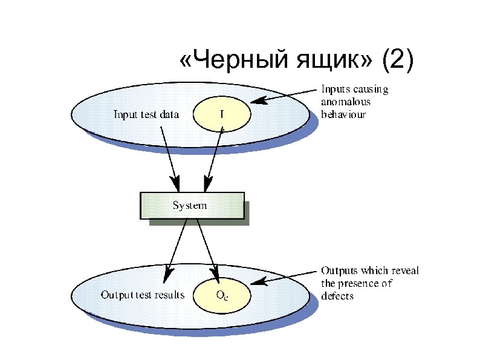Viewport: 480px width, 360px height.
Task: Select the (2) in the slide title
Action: pyautogui.click(x=396, y=61)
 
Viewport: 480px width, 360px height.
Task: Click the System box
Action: pyautogui.click(x=192, y=206)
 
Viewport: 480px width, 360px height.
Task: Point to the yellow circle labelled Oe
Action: pyautogui.click(x=221, y=295)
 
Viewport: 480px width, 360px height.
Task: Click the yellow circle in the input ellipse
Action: pyautogui.click(x=221, y=113)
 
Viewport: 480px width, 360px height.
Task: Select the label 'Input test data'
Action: pyautogui.click(x=146, y=114)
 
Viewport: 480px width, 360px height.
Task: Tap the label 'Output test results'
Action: pyautogui.click(x=142, y=295)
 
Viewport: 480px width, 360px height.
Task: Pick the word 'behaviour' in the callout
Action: pyautogui.click(x=343, y=113)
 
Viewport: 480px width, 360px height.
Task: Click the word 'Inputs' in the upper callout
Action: pyautogui.click(x=334, y=90)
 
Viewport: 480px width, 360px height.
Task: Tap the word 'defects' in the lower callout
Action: pyautogui.click(x=337, y=296)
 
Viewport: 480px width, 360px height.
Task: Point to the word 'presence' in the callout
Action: pyautogui.click(x=360, y=283)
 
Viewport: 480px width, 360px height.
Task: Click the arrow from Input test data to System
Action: pyautogui.click(x=170, y=157)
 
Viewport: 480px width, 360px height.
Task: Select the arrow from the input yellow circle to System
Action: pyautogui.click(x=215, y=157)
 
